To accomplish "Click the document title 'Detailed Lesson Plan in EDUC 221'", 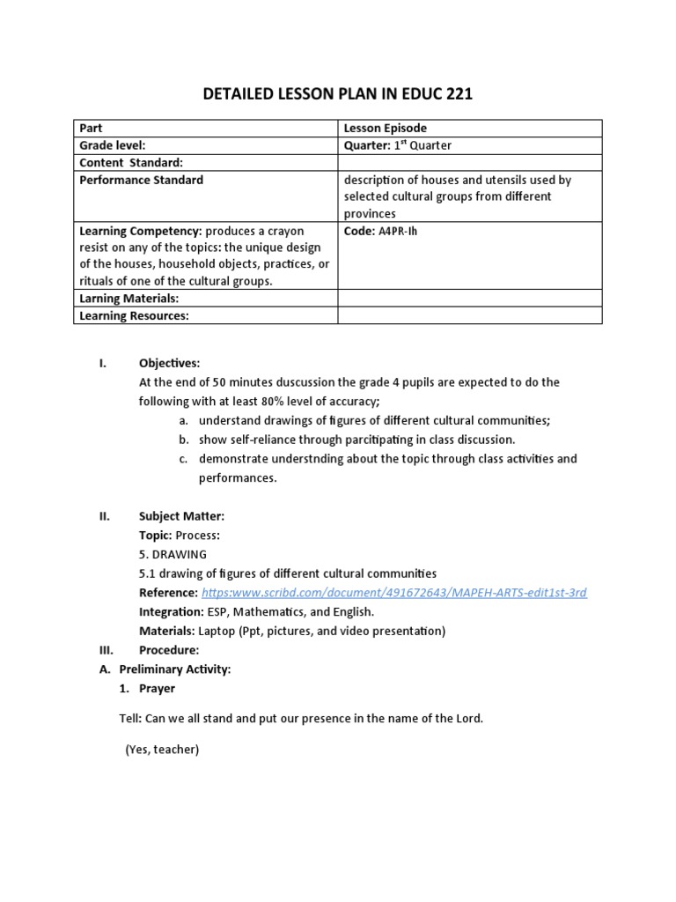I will pyautogui.click(x=338, y=94).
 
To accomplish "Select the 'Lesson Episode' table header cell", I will pyautogui.click(x=385, y=129).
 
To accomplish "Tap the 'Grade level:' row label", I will pyautogui.click(x=113, y=145).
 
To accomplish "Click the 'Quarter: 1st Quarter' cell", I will pyautogui.click(x=397, y=145).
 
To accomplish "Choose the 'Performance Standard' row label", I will pyautogui.click(x=141, y=180).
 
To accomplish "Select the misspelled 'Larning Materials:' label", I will pyautogui.click(x=129, y=299).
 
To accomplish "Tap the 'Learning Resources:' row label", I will pyautogui.click(x=134, y=315).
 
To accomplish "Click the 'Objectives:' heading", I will pyautogui.click(x=169, y=363).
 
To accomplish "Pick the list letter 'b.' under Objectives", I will pyautogui.click(x=183, y=440).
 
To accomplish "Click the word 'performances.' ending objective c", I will pyautogui.click(x=238, y=477).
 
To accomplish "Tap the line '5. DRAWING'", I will pyautogui.click(x=173, y=554).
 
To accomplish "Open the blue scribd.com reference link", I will pyautogui.click(x=393, y=593).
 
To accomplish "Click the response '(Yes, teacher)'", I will pyautogui.click(x=162, y=750).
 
